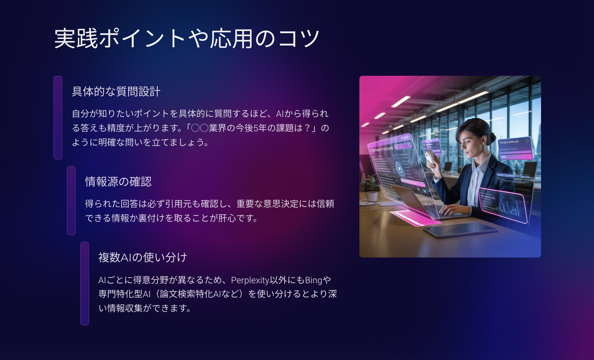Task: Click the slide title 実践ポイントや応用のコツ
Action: [187, 39]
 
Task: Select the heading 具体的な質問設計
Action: [116, 92]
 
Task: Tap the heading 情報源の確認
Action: [118, 182]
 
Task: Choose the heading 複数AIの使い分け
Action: [143, 257]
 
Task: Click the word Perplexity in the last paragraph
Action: [250, 280]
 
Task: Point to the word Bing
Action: [314, 280]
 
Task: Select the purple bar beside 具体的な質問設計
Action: [58, 117]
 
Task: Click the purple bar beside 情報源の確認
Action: [71, 201]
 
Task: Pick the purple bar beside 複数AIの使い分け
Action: [85, 283]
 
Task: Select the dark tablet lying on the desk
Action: [460, 229]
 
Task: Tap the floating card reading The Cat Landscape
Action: [515, 148]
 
